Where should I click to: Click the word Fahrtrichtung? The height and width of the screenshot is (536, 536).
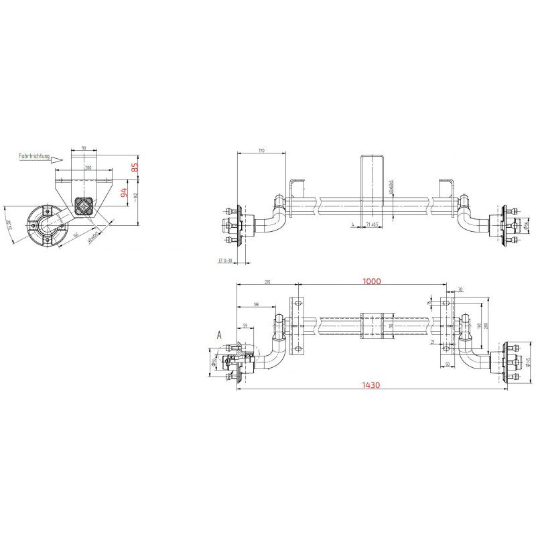(x=35, y=155)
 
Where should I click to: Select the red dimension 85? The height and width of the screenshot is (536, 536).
(x=135, y=167)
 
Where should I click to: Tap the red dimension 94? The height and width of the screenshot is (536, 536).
(x=123, y=194)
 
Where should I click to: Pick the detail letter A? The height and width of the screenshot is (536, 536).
(x=218, y=333)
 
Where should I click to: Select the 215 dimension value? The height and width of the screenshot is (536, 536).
(x=267, y=283)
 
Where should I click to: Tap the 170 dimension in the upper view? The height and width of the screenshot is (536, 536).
(x=261, y=151)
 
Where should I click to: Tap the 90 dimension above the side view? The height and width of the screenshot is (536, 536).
(x=83, y=147)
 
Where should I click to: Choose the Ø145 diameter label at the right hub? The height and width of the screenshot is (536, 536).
(x=529, y=362)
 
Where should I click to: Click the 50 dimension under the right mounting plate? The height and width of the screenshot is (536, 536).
(x=446, y=364)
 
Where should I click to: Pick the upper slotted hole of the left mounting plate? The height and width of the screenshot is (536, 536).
(x=295, y=305)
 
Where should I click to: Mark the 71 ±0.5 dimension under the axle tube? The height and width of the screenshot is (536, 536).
(x=371, y=224)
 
